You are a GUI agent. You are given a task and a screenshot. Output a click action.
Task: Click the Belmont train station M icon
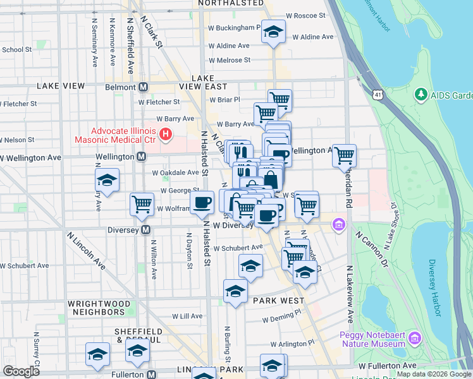point(144,87)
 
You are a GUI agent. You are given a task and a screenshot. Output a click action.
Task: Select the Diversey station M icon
point(146,230)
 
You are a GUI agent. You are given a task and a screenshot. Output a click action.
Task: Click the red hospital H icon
point(166,133)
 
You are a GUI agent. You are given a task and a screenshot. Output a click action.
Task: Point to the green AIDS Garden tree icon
point(420,95)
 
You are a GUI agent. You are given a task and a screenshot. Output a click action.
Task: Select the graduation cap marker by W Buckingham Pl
point(273,32)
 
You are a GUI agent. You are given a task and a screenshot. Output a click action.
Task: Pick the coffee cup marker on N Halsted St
point(203,202)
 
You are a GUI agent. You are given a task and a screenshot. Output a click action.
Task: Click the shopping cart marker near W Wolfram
point(142,204)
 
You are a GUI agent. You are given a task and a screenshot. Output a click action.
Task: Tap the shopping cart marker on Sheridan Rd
point(344,155)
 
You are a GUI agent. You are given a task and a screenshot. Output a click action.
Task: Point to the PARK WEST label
point(279,301)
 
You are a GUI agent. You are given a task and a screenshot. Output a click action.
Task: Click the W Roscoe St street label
point(305,15)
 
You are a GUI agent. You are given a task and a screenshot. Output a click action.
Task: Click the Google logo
point(21,371)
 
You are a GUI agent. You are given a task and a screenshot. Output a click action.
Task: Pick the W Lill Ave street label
point(187,316)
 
